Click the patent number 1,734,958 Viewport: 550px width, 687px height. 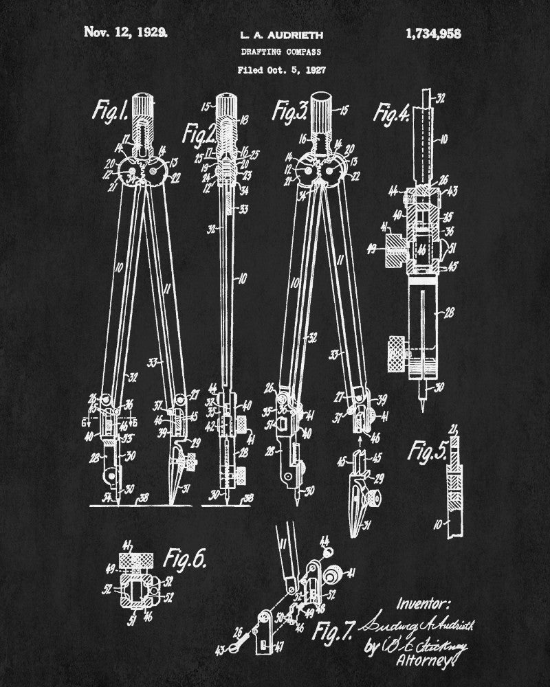coord(433,32)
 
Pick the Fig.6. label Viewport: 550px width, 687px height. coord(185,560)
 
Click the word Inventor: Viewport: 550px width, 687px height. coord(423,605)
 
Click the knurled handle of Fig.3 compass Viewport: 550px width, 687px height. coord(321,106)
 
